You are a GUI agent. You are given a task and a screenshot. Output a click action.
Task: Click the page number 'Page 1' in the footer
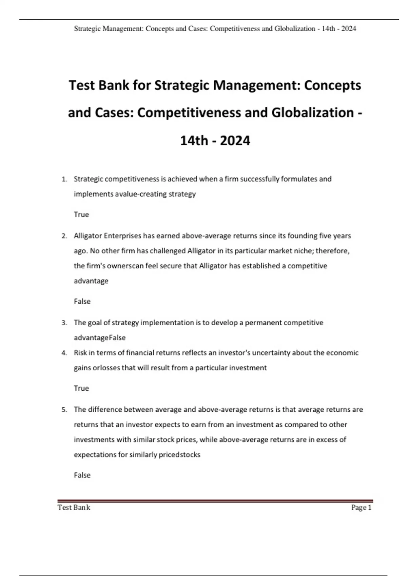(361, 507)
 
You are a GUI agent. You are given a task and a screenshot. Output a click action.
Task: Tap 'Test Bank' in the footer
(74, 507)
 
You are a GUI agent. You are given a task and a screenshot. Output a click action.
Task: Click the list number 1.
(64, 179)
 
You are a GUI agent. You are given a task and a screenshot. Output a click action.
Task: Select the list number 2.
(64, 236)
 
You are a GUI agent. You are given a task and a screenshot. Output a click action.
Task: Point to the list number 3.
(64, 323)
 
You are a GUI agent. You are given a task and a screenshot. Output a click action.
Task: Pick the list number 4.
(64, 353)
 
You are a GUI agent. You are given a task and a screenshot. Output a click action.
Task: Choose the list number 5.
(64, 410)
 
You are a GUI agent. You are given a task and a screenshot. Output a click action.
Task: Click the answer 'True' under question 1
(81, 214)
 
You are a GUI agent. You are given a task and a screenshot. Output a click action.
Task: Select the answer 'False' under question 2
(82, 301)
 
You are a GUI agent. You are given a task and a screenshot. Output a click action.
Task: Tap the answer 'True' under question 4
(81, 388)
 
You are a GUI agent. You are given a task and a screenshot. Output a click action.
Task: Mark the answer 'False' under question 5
(82, 475)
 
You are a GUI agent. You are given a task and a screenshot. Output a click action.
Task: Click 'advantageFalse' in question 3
(100, 338)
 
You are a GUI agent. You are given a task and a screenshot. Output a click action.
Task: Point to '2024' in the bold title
(235, 141)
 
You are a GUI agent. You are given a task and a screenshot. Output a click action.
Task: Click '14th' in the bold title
(194, 141)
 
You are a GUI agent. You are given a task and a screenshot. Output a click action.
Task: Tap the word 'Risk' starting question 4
(80, 353)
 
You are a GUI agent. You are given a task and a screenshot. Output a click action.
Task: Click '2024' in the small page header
(349, 28)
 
